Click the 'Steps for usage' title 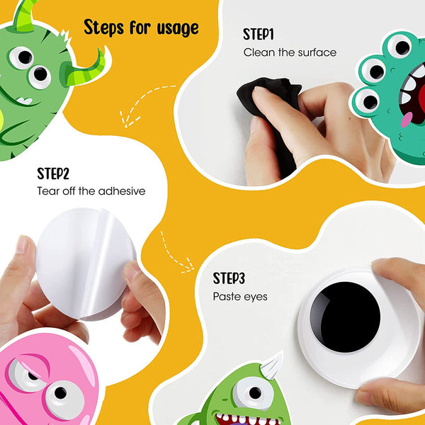(141, 28)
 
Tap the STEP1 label (259, 35)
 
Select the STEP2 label (53, 174)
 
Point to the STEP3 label (229, 278)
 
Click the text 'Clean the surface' (290, 52)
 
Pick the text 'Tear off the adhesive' (91, 191)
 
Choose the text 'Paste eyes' (240, 297)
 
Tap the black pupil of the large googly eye (345, 317)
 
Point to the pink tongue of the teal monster (407, 120)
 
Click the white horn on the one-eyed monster (272, 366)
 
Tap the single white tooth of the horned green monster (25, 101)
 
